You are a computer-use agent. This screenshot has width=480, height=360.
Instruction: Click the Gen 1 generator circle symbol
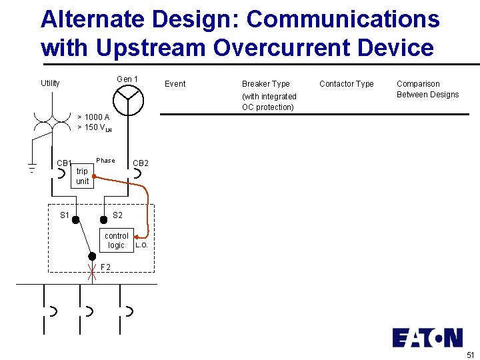tap(127, 100)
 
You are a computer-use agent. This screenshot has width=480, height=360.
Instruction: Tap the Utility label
tap(50, 83)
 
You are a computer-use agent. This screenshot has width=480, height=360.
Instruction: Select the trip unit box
tap(82, 176)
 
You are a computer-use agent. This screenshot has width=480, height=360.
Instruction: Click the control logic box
tap(117, 241)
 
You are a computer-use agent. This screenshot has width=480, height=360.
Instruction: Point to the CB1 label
tap(64, 163)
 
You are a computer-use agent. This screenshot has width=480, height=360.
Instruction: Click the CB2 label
tap(141, 163)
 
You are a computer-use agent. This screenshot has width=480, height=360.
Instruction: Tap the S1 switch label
tap(65, 215)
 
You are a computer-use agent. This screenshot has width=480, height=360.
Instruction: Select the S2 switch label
tap(117, 215)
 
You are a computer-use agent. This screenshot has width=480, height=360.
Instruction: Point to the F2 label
tap(105, 268)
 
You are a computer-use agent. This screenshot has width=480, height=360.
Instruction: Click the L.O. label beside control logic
tap(141, 245)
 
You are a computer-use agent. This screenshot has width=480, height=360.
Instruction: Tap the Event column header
tap(175, 84)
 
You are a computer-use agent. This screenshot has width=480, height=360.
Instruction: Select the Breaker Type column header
tap(265, 84)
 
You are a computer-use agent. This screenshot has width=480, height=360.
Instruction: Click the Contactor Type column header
tap(347, 84)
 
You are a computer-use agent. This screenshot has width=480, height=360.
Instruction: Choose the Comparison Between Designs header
tap(427, 89)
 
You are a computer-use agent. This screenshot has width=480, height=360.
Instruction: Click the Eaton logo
tap(427, 337)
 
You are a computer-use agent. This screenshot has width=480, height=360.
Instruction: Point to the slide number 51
tap(471, 354)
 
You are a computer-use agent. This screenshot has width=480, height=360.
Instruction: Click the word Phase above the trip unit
tap(105, 161)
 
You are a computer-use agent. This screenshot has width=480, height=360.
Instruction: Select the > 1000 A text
tap(93, 117)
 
